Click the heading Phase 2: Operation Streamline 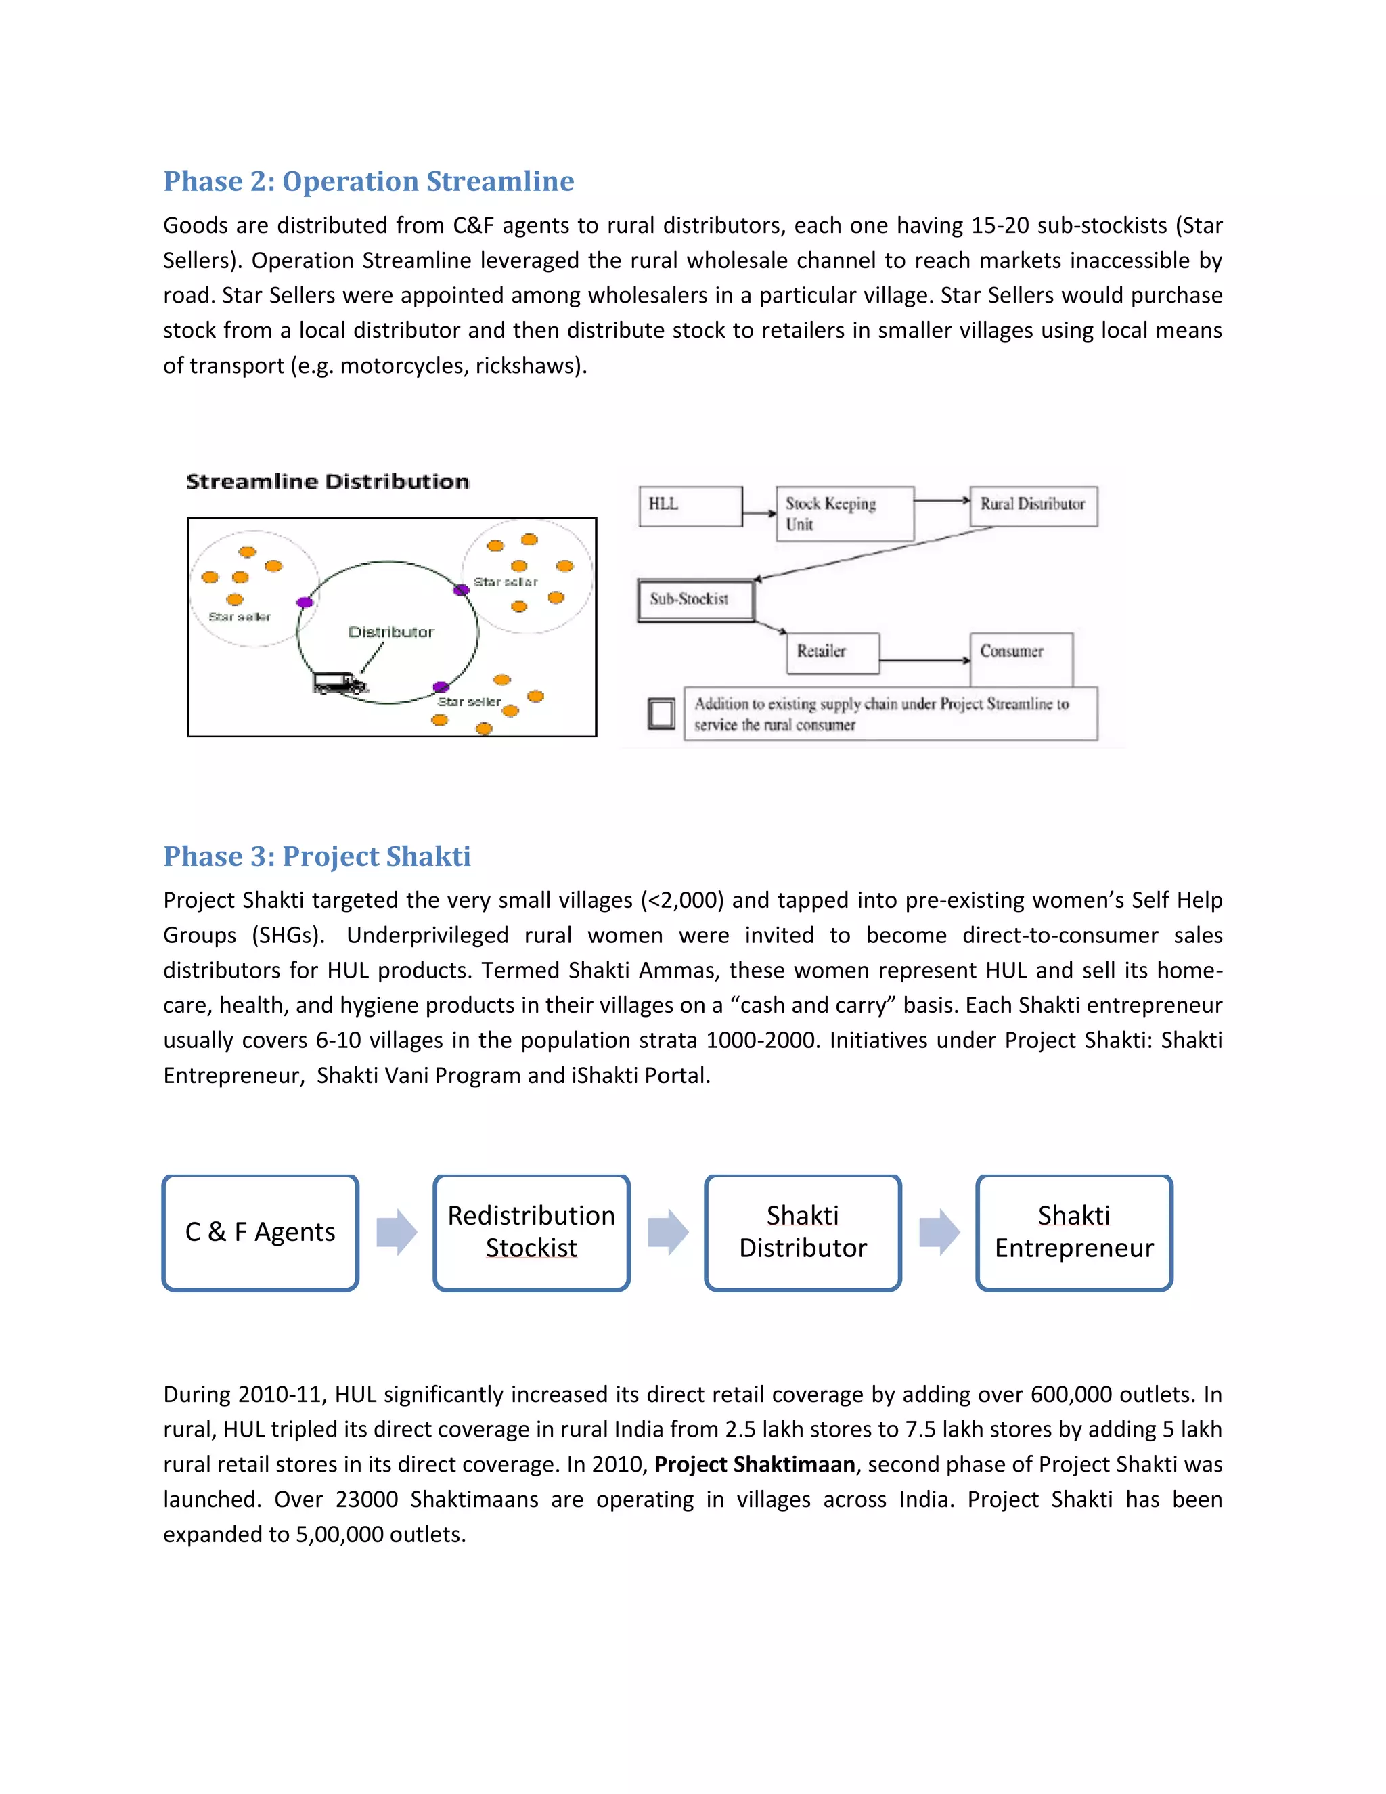point(368,181)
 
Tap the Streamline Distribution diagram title point(327,481)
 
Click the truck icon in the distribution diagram point(338,682)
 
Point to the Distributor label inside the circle point(391,632)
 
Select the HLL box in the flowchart point(690,505)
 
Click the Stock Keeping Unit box point(843,513)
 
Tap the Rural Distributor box point(1032,505)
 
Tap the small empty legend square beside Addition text point(661,713)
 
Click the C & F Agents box point(261,1232)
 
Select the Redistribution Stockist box point(531,1232)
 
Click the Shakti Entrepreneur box point(1073,1232)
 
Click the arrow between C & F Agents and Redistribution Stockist point(397,1232)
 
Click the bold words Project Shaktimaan point(754,1464)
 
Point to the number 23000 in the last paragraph point(366,1500)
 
